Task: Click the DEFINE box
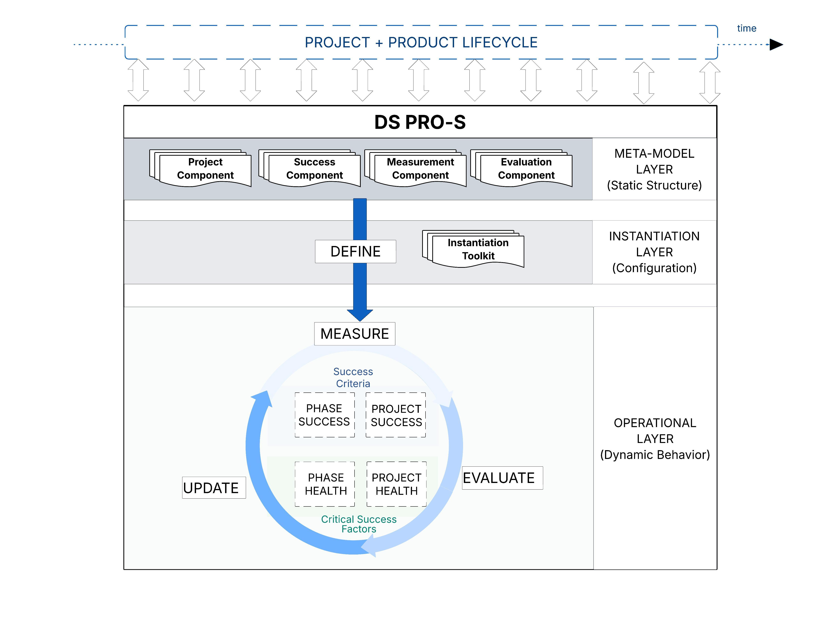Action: (x=355, y=251)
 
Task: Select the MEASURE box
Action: (x=355, y=334)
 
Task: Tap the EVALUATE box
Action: (x=502, y=478)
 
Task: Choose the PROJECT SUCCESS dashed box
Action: (x=396, y=415)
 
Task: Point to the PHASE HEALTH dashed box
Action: (x=325, y=484)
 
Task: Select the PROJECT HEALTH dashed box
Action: (x=396, y=484)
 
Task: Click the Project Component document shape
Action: (x=205, y=169)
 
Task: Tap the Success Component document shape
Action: (x=315, y=169)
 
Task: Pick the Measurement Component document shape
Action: (x=420, y=169)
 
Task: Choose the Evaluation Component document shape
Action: (x=526, y=169)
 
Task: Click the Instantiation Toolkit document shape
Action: (x=478, y=249)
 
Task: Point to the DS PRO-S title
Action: (x=420, y=122)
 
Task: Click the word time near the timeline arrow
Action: (x=746, y=28)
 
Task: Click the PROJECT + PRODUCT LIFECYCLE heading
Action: (x=421, y=42)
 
